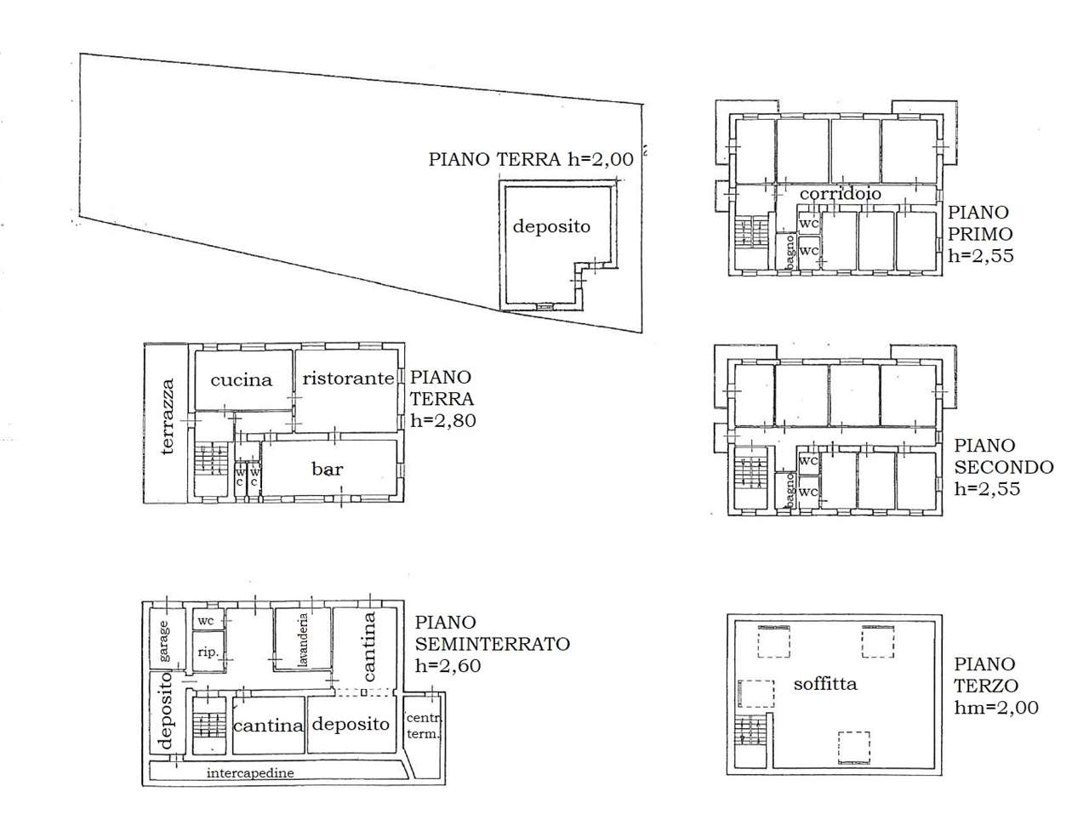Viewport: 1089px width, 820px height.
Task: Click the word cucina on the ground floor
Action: pyautogui.click(x=241, y=380)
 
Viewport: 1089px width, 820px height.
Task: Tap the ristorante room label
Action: pyautogui.click(x=348, y=379)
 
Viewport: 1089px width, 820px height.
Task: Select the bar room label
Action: pyautogui.click(x=327, y=469)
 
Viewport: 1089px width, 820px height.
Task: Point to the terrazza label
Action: pyautogui.click(x=168, y=416)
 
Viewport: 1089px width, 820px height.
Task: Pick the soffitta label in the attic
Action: pyautogui.click(x=825, y=684)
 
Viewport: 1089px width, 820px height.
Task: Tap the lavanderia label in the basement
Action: pyautogui.click(x=303, y=640)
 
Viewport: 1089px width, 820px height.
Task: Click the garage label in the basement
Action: pyautogui.click(x=163, y=641)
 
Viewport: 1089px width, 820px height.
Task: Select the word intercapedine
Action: pyautogui.click(x=250, y=772)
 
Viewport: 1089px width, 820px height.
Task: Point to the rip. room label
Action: pyautogui.click(x=208, y=652)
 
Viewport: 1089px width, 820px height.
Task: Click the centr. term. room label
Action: pyautogui.click(x=423, y=726)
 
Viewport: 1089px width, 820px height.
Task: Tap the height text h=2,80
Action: pyautogui.click(x=442, y=421)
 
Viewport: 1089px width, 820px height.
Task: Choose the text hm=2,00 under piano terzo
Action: pyautogui.click(x=995, y=708)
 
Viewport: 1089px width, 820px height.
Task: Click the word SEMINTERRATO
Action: pyautogui.click(x=492, y=644)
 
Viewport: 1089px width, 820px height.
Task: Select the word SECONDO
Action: pyautogui.click(x=1004, y=467)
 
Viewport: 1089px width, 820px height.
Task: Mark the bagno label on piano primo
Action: pyautogui.click(x=790, y=252)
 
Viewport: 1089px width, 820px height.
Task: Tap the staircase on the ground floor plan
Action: pyautogui.click(x=209, y=460)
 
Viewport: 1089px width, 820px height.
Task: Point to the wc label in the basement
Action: pyautogui.click(x=205, y=621)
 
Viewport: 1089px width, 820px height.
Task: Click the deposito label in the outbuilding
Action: pyautogui.click(x=551, y=227)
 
